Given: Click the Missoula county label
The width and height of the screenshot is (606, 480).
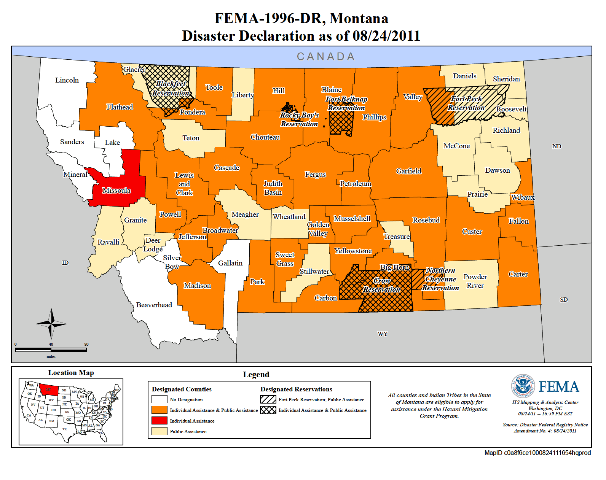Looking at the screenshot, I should point(116,191).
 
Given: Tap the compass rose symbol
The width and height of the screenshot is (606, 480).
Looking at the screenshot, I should point(51,324).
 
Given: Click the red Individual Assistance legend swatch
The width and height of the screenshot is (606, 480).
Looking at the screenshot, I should point(159,421).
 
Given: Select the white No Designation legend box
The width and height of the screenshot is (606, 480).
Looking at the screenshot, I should point(159,399).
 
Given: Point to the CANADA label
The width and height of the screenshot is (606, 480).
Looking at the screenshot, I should point(326,57).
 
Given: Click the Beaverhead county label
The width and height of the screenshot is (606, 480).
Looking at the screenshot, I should point(154,305).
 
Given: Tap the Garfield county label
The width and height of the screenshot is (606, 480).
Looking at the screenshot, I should point(409,171).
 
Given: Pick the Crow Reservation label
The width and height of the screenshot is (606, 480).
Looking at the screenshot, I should point(382,285).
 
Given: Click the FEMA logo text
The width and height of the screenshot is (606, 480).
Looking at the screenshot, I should point(559,387).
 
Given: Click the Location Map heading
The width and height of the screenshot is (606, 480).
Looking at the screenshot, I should point(71,373).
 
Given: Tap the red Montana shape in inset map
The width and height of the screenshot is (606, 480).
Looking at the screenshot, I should point(48,390).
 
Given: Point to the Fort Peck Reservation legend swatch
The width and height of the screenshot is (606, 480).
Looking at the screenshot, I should point(268,399).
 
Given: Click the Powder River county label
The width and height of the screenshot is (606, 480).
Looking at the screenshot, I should point(475,281).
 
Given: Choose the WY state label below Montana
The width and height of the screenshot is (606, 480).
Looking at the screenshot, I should point(383,334).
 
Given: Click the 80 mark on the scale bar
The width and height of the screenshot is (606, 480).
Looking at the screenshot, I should point(86,344).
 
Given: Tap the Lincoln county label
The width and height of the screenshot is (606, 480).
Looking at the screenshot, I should point(67,80).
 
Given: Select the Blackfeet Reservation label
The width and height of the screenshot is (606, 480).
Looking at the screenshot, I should point(171,89).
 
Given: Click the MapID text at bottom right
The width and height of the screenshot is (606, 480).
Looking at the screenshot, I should point(537,453).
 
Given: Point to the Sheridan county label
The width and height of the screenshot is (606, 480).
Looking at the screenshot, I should point(506,79).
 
